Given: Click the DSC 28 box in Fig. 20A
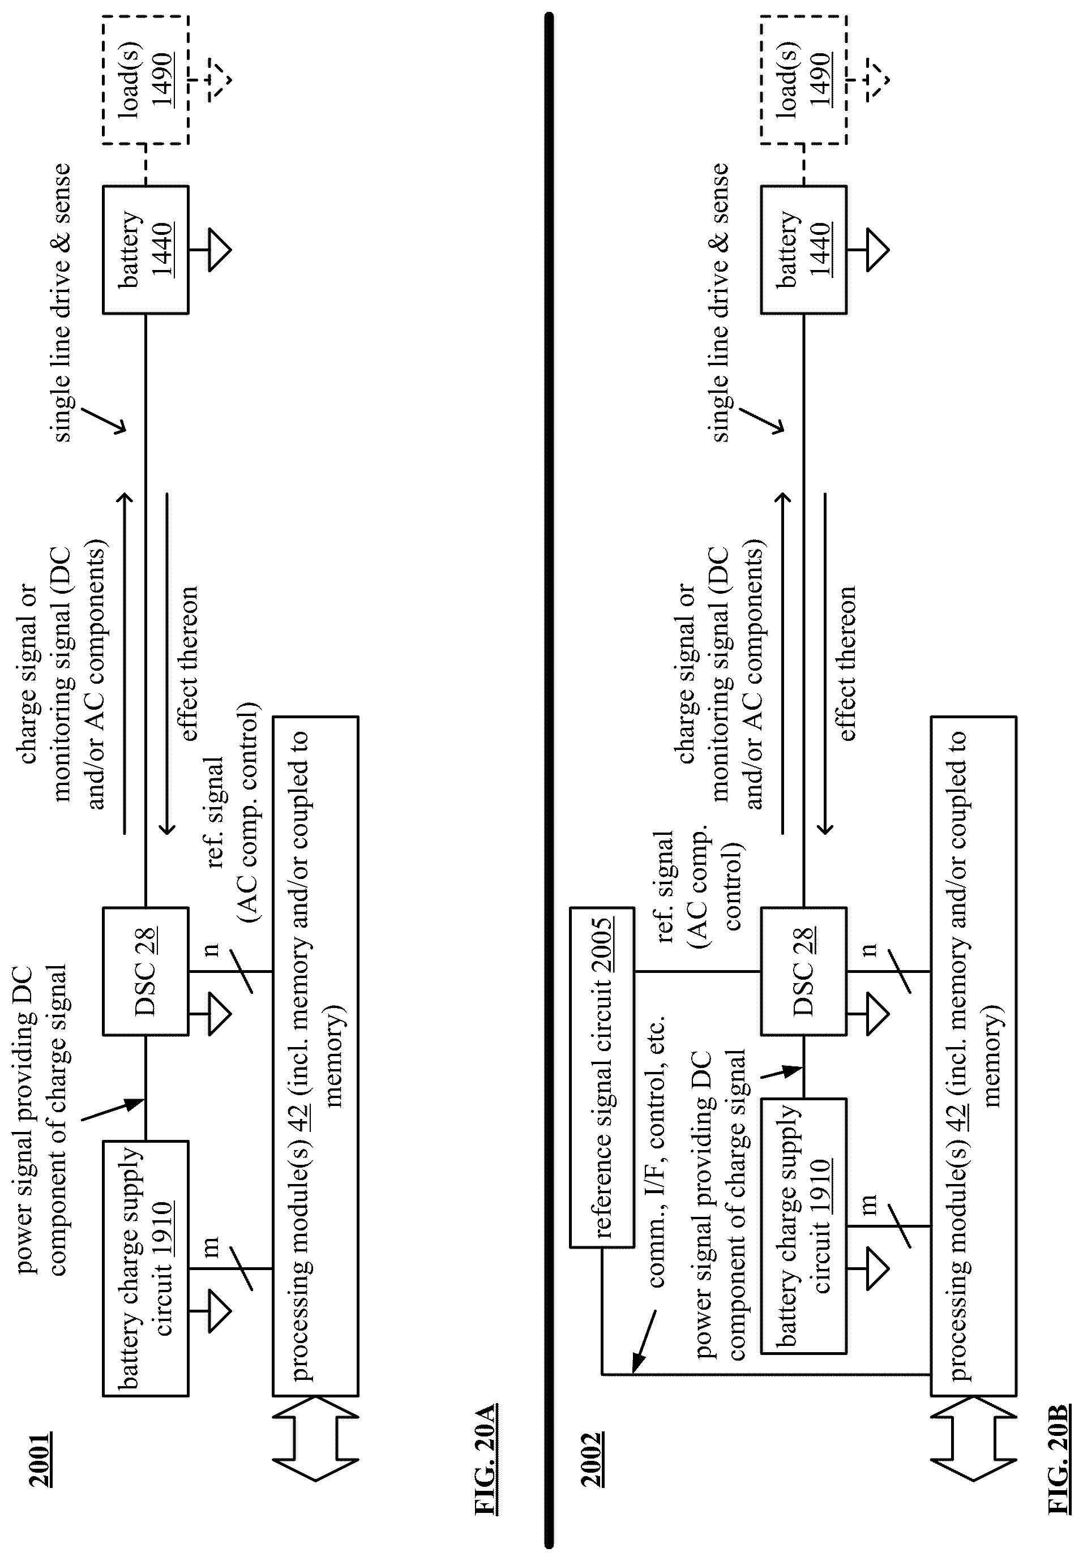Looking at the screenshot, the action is [145, 971].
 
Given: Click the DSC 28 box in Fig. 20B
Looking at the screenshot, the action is [803, 971].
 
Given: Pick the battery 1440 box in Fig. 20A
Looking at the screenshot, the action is [145, 249].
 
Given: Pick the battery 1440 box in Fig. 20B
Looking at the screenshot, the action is [803, 249].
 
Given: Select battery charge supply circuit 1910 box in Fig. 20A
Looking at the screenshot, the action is [145, 1268].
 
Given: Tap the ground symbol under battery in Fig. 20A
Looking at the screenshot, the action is [212, 250].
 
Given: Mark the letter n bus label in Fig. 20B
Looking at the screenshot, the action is [869, 949].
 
